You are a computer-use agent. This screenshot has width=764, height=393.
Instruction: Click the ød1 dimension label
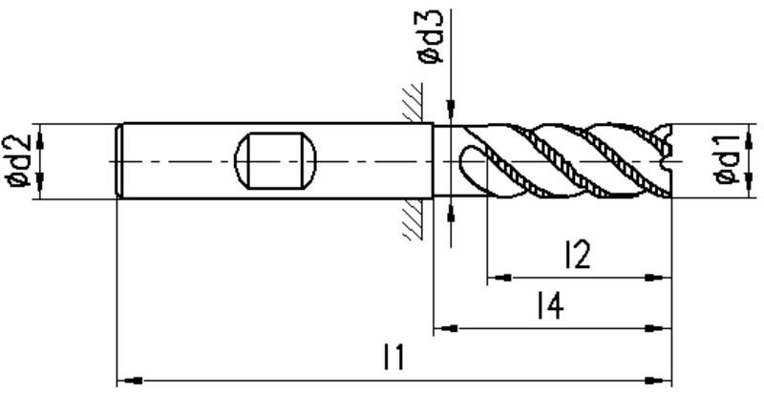[728, 161]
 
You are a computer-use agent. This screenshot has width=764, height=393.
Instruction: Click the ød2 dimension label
[19, 161]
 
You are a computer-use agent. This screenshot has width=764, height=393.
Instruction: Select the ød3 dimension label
[431, 37]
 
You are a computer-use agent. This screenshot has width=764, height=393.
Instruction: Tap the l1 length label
[393, 357]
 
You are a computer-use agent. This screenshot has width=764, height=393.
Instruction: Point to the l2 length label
[578, 254]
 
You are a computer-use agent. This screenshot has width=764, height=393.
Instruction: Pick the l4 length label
[551, 305]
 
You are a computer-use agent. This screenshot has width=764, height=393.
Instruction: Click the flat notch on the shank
[275, 160]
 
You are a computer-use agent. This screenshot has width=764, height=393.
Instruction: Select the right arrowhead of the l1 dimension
[659, 381]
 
